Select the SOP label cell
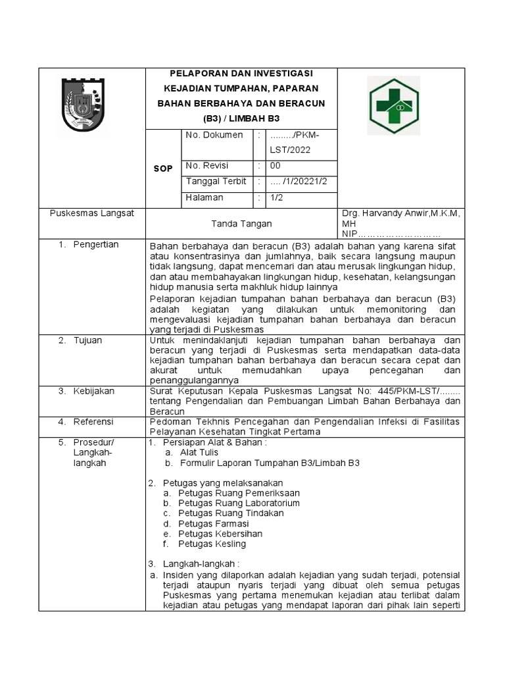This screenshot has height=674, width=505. [162, 168]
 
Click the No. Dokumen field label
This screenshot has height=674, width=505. [214, 135]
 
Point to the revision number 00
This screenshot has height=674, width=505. [275, 166]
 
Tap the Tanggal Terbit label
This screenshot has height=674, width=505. [216, 181]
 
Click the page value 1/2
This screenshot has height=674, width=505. [276, 197]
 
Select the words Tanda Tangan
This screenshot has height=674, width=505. [241, 224]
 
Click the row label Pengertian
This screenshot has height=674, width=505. [97, 245]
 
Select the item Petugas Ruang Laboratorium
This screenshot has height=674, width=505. [240, 503]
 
